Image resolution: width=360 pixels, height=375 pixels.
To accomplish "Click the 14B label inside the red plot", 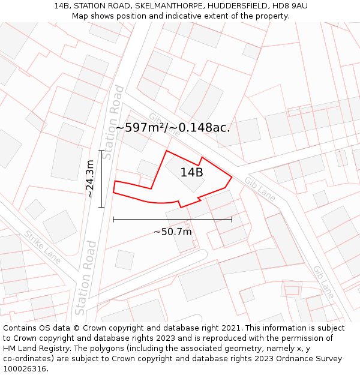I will click(x=191, y=173).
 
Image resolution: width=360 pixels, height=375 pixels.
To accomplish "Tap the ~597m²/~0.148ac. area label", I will click(x=173, y=128).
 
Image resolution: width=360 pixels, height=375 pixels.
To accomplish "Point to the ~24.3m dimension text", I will click(x=89, y=179).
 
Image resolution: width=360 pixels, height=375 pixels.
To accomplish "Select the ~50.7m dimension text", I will click(x=173, y=232).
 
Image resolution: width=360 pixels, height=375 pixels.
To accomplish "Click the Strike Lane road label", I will click(x=43, y=247).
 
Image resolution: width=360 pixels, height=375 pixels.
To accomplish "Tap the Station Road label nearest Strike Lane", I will click(x=85, y=278).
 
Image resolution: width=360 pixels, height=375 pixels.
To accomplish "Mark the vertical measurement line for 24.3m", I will click(x=101, y=179).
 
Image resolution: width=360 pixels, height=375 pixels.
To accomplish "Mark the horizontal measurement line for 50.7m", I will click(x=172, y=220).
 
